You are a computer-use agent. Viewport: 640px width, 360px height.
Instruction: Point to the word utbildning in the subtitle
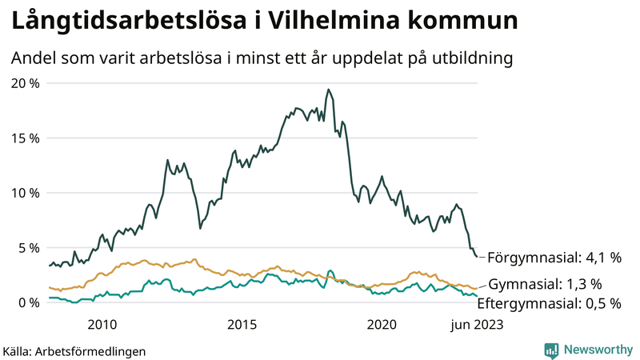click(x=472, y=58)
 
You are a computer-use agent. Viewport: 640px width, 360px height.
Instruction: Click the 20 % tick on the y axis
click(x=25, y=83)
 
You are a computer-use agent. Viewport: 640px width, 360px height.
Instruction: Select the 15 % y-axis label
click(x=25, y=138)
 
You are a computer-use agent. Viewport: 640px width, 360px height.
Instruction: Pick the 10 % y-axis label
click(x=25, y=193)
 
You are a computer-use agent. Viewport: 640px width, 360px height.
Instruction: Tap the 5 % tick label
click(x=28, y=247)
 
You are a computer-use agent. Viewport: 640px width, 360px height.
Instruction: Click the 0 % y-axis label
click(x=28, y=302)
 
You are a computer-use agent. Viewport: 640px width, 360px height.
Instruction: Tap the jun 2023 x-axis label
click(x=477, y=324)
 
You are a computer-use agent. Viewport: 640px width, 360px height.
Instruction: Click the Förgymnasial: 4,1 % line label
click(x=554, y=258)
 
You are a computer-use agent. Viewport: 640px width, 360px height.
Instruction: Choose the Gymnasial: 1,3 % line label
click(x=545, y=283)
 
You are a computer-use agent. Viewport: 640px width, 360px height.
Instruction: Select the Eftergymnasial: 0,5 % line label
click(x=554, y=303)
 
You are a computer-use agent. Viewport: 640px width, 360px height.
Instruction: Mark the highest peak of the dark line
click(x=328, y=90)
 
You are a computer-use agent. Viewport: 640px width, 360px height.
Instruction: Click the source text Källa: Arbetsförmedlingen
click(x=74, y=350)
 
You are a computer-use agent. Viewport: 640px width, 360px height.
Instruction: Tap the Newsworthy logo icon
click(x=551, y=350)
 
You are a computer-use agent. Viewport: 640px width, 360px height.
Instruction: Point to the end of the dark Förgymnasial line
click(x=478, y=257)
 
